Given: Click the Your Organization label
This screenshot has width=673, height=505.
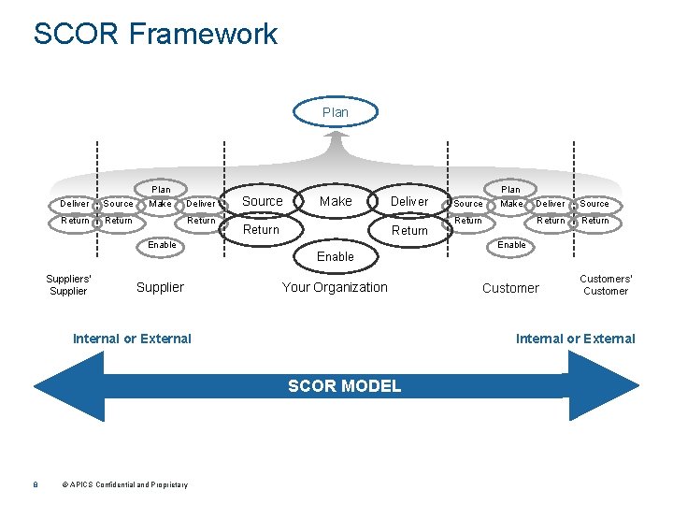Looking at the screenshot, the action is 335,287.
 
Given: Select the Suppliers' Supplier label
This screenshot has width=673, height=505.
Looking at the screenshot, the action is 68,284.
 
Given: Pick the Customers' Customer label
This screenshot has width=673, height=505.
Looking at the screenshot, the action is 606,284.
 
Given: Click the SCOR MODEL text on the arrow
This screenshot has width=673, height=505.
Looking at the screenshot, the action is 345,386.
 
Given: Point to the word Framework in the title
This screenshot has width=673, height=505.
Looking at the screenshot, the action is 203,34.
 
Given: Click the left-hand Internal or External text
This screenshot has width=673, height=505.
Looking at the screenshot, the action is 132,339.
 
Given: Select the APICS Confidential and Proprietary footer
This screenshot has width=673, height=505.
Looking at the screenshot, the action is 125,484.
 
